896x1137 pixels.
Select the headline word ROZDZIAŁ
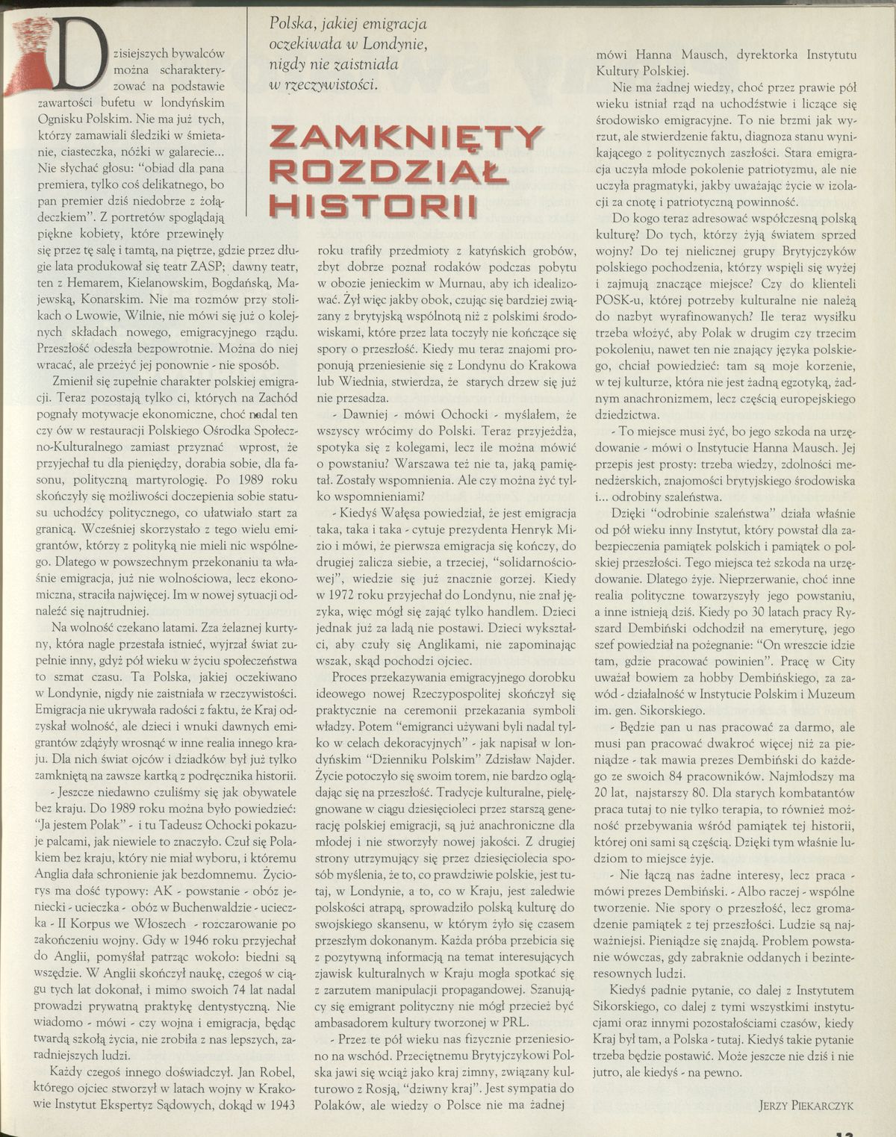click(x=388, y=172)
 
